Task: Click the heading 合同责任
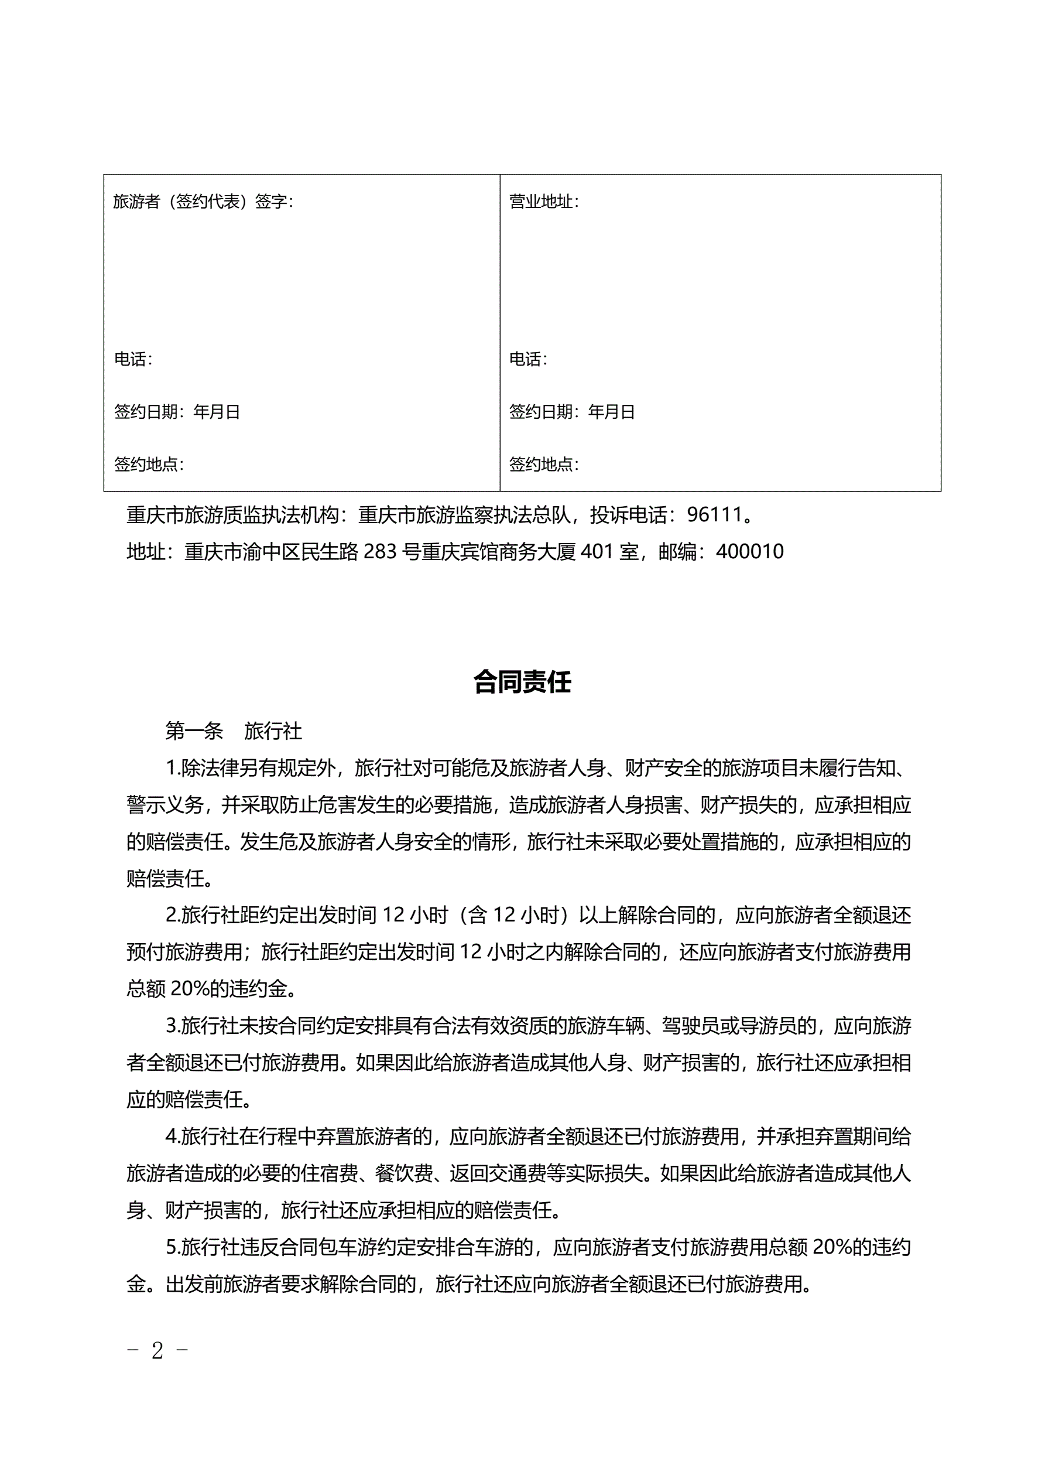pos(522,682)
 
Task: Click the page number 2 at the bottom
pos(157,1350)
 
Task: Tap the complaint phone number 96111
pos(714,514)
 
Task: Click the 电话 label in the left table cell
pos(130,359)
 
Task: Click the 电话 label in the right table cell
pos(525,359)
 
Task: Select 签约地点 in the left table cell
pos(146,464)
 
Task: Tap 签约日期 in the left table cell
pos(146,412)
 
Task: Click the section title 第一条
pos(194,731)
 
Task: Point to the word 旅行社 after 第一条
pos(273,731)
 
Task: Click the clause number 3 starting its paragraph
pos(171,1026)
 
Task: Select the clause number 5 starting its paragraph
pos(171,1248)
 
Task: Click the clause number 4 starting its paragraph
pos(171,1137)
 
